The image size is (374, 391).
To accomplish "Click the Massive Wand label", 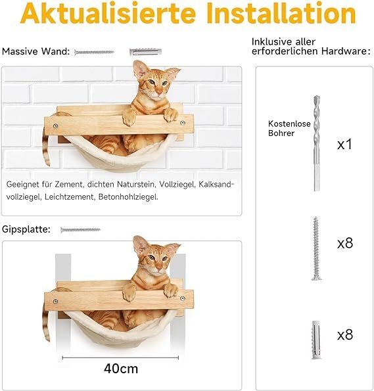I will [36, 51].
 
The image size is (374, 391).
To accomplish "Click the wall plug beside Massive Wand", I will [145, 51].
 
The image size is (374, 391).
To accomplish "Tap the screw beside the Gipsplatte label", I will [80, 229].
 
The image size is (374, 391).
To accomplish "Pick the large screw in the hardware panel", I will [317, 248].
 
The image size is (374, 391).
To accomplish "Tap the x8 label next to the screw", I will [345, 243].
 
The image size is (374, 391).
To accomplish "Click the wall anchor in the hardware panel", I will [317, 338].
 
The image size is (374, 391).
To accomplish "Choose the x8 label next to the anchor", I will [345, 335].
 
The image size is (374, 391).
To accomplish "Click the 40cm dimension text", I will [121, 368].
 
